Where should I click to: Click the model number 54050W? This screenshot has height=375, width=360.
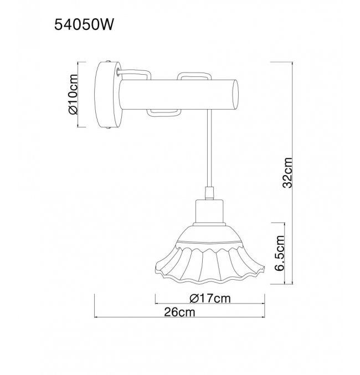84,24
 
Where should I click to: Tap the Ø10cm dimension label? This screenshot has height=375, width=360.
73,95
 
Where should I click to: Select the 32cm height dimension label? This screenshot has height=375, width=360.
287,173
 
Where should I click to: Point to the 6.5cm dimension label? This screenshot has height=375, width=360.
279,253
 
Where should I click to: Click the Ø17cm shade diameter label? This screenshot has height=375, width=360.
210,299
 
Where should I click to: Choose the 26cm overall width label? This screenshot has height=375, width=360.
179,312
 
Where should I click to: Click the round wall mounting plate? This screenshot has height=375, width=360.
109,95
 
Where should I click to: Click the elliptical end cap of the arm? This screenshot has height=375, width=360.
235,95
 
